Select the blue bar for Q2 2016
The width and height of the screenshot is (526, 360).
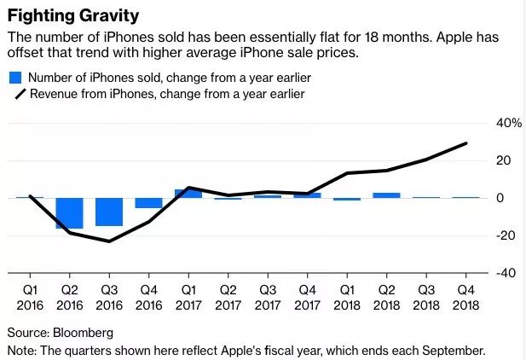[69, 212]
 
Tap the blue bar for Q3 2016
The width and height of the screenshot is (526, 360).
[108, 212]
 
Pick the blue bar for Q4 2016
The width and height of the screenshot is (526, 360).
[148, 203]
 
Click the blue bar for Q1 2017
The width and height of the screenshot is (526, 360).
[188, 194]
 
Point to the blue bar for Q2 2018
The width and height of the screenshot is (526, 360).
[386, 195]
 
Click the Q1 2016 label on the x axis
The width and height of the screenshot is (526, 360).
[30, 297]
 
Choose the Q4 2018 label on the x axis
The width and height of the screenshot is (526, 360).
[465, 297]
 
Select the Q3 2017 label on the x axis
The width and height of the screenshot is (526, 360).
[267, 297]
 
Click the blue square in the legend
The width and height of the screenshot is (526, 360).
[14, 78]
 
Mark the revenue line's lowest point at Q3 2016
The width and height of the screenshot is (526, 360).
[109, 241]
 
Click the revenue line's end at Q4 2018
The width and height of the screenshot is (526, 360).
[466, 143]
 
